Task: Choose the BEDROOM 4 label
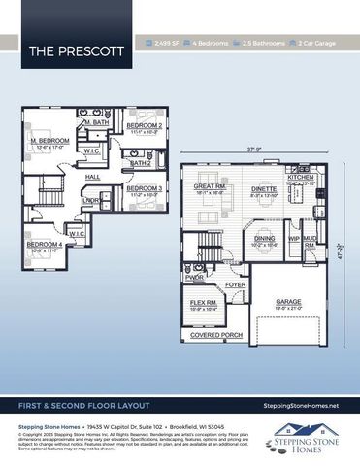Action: (x=44, y=244)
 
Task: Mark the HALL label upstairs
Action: (x=92, y=178)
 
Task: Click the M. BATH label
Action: (x=95, y=123)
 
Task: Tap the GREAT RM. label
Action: (x=210, y=186)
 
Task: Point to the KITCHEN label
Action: (x=301, y=178)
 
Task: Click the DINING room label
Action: (x=264, y=239)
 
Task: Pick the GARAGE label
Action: (x=288, y=302)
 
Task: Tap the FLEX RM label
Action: (x=202, y=302)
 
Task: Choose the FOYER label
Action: (x=235, y=284)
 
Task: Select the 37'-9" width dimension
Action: (x=254, y=150)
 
